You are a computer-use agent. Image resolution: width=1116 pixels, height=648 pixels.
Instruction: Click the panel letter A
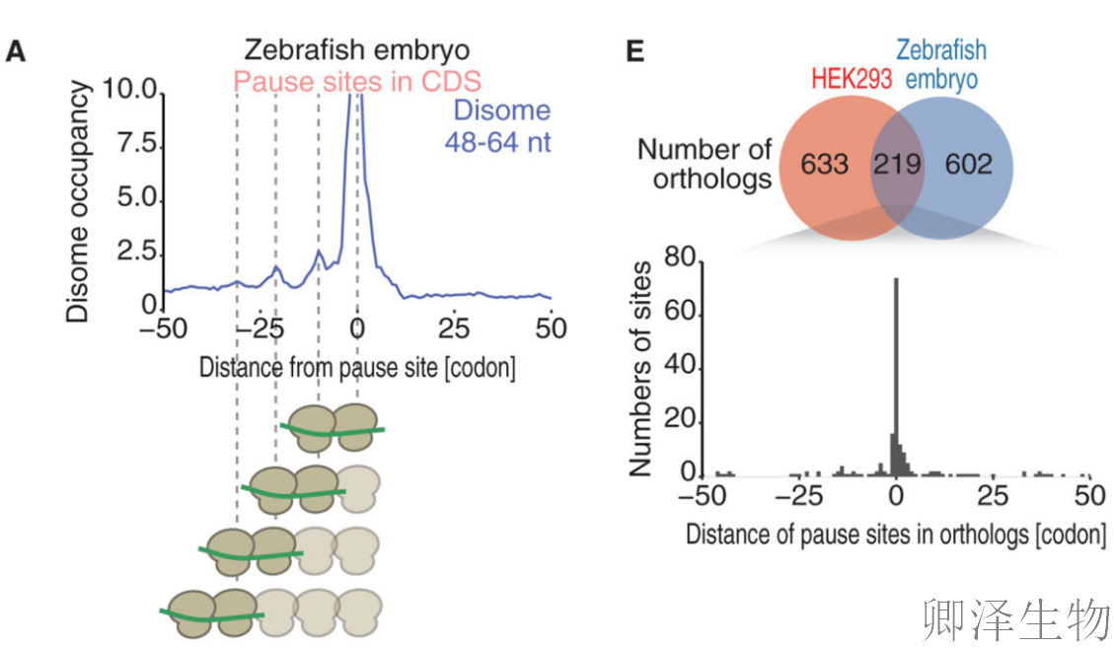[x=16, y=51]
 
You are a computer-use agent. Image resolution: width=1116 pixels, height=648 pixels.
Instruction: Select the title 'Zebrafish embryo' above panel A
[x=357, y=49]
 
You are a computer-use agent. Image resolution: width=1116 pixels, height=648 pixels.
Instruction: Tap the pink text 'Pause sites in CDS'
[x=357, y=81]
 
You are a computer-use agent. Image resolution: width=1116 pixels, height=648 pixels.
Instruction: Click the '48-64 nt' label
[x=497, y=142]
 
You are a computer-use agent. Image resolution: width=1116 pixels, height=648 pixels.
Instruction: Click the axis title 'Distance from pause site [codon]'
[x=356, y=367]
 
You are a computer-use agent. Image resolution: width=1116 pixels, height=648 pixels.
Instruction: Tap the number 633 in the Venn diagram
[x=824, y=163]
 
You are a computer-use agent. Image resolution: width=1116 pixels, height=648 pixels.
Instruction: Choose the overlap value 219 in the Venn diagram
[x=897, y=163]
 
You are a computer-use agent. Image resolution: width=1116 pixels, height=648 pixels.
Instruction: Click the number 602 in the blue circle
[x=968, y=163]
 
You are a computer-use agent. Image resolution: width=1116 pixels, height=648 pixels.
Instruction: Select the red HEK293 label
[x=851, y=78]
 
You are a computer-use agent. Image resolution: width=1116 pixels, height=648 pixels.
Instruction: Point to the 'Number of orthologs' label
[x=704, y=165]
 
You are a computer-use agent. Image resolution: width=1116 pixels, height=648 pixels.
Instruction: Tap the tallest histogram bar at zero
[x=896, y=375]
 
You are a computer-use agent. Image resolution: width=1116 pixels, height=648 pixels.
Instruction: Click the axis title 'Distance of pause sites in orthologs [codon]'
[x=895, y=534]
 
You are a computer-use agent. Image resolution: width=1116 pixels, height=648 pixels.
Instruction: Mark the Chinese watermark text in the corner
[x=1017, y=620]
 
